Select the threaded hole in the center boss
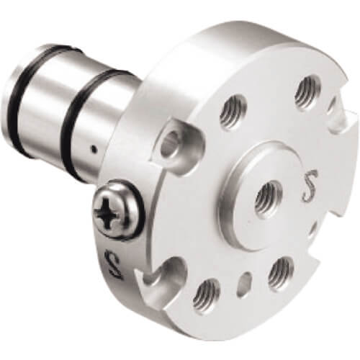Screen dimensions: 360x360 (268, 197)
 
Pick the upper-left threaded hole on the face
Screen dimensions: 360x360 (233, 111)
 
